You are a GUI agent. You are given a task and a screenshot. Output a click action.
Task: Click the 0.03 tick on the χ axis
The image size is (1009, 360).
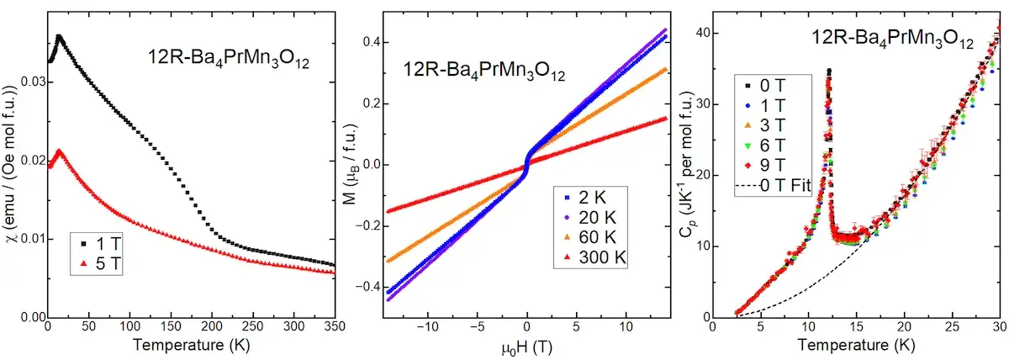(29, 82)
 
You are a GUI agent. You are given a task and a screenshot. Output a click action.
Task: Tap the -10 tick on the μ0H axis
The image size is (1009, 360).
(429, 329)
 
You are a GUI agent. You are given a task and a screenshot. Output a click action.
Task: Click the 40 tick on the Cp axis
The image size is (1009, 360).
(700, 33)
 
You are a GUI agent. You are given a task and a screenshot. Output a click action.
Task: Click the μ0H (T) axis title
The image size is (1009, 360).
(526, 346)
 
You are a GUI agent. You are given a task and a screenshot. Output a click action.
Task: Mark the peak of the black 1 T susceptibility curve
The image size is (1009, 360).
(59, 37)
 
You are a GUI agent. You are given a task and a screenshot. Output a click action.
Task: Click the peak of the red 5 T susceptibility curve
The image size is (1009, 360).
(58, 151)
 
